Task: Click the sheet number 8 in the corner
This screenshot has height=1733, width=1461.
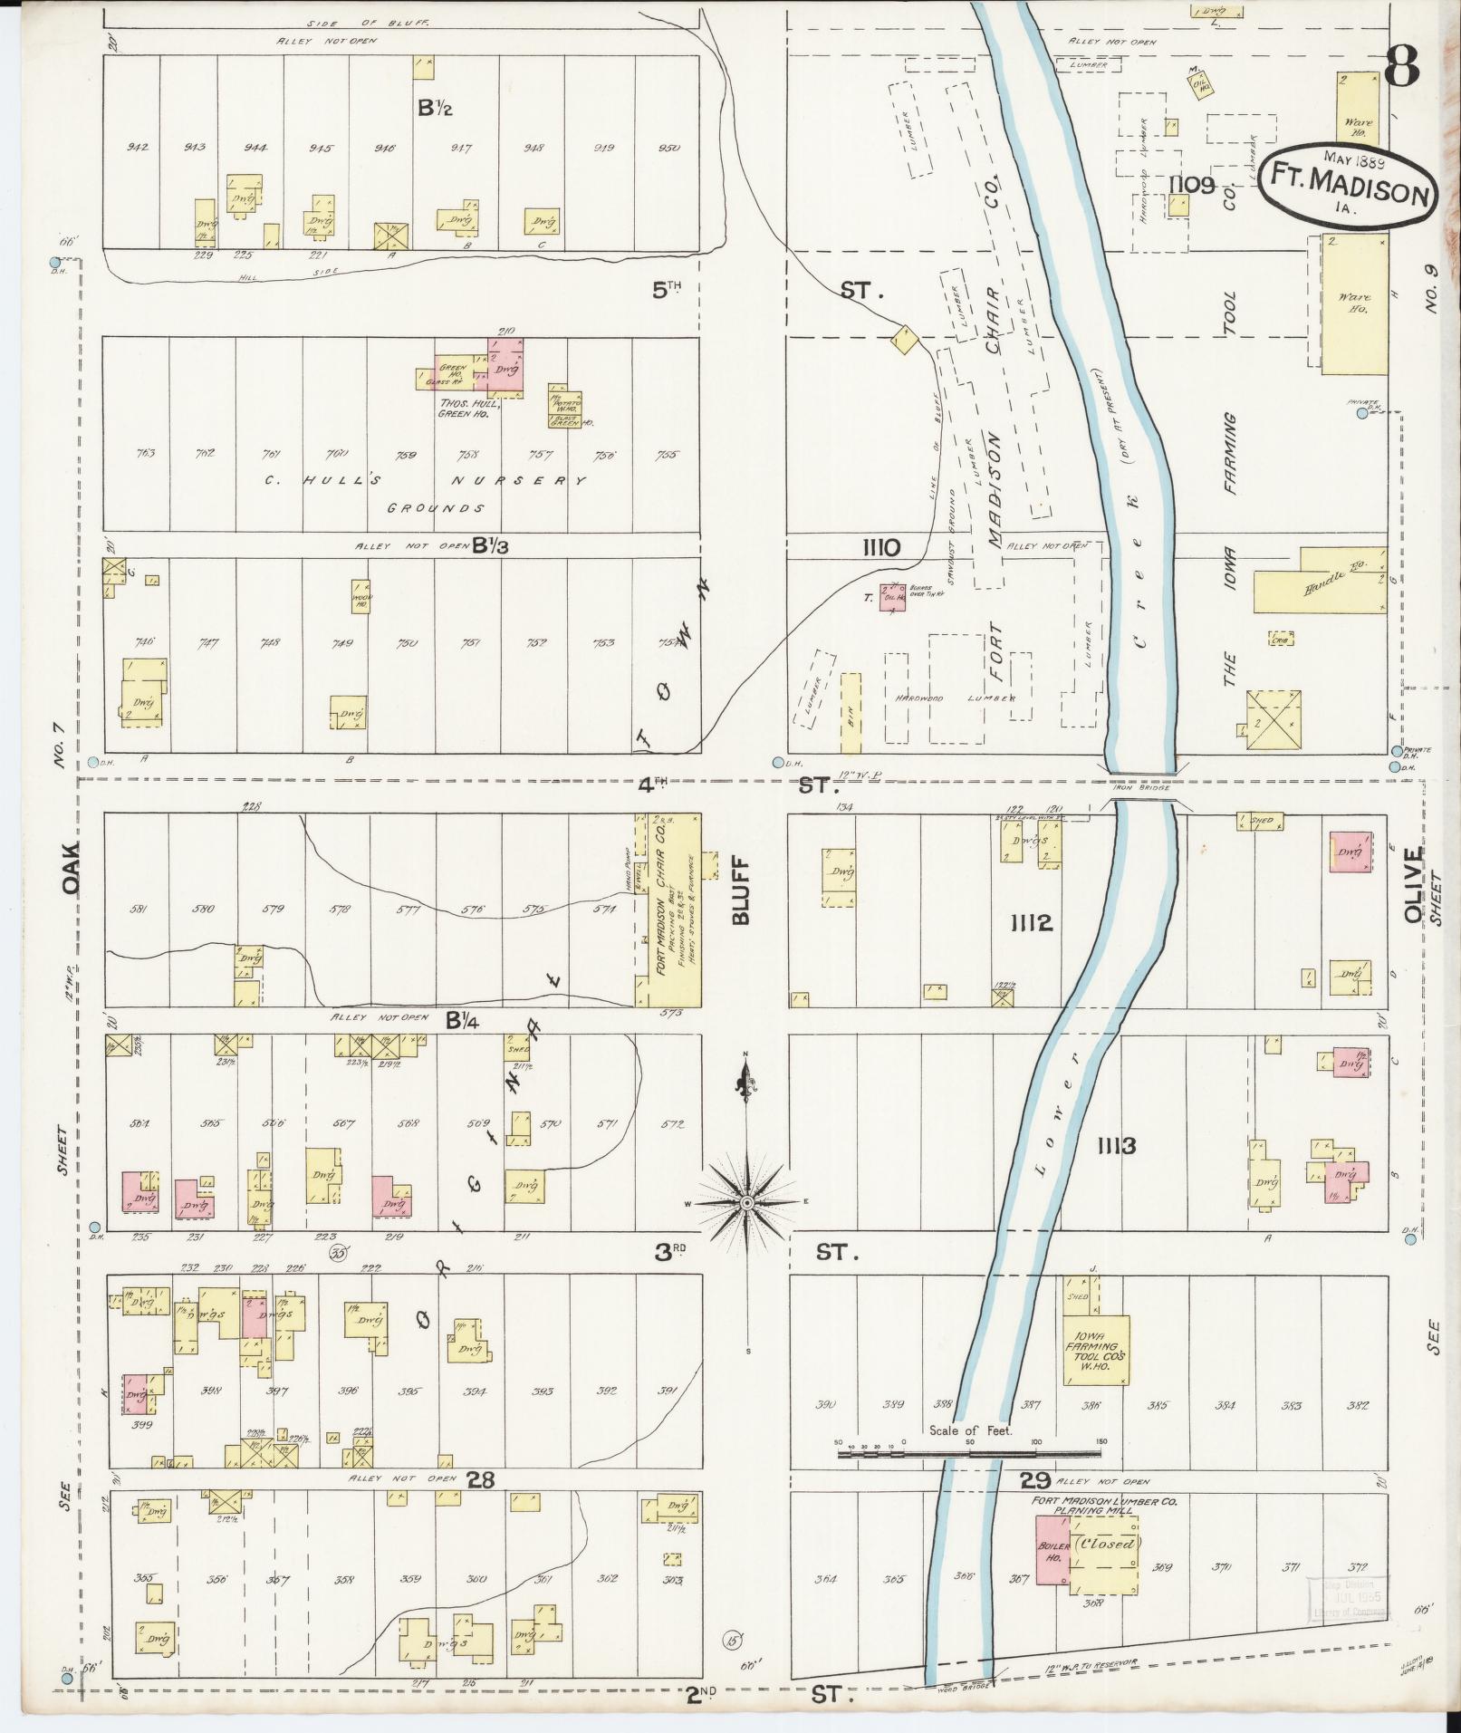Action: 1400,67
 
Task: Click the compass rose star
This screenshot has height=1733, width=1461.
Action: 747,1202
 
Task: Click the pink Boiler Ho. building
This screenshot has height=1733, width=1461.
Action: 1053,1550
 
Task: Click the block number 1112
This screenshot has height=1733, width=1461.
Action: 1032,923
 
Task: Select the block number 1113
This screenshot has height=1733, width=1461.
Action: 1115,1147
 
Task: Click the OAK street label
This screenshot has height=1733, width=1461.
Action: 73,869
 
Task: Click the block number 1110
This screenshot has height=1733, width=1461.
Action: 880,547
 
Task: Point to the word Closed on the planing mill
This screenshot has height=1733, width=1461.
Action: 1104,1543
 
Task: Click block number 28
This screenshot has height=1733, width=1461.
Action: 480,1479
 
